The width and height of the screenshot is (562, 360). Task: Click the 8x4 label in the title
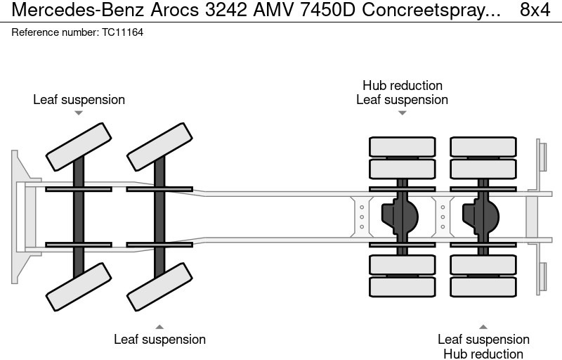[535, 10]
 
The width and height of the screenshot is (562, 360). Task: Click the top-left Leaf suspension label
[79, 99]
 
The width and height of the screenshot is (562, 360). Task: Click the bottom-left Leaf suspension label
[159, 340]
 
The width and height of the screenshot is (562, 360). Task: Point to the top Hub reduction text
[402, 86]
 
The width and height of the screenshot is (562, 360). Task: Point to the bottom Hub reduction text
[483, 354]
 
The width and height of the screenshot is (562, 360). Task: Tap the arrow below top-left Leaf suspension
[79, 113]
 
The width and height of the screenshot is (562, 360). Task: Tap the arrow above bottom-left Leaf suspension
[159, 326]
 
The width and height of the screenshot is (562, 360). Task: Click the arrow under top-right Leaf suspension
[402, 113]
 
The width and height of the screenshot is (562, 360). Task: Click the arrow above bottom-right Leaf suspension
[483, 326]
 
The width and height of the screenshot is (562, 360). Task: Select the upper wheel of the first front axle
[79, 146]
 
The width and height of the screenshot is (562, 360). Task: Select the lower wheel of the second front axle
[160, 286]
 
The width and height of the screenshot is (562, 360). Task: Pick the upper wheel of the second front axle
[160, 146]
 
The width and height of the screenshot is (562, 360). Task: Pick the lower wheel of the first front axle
[79, 286]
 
